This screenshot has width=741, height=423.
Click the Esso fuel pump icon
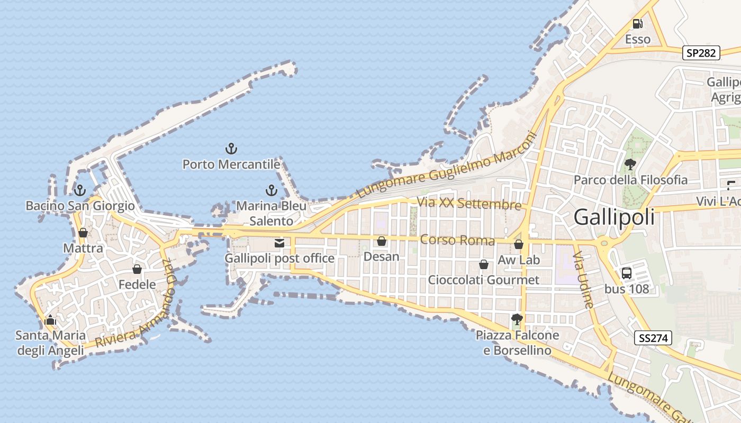coord(637,24)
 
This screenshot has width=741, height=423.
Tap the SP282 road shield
coord(701,53)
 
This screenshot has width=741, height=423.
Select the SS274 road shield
coord(653,338)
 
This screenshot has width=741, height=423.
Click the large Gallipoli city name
coord(614,217)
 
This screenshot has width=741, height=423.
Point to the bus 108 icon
coord(626,273)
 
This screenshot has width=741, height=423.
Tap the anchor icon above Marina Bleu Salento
coord(271,190)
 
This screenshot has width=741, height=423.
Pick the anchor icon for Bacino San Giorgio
coord(80,190)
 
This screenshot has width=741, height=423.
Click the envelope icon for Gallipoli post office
coord(279,243)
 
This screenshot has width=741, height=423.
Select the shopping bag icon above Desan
coord(381,242)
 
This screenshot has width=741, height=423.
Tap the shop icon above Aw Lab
coord(519,244)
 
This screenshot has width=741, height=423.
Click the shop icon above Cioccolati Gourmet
coord(483,264)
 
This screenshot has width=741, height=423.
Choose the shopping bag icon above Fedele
coord(137,269)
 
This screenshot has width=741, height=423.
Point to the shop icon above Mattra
coord(83,233)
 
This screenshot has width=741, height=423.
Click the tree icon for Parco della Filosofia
coord(630,164)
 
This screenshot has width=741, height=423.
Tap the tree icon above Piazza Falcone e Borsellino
coord(517,319)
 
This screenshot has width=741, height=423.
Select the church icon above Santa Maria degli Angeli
coord(50,320)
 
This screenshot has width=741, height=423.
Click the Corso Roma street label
coord(457,241)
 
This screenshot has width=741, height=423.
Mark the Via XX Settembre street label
coord(469,204)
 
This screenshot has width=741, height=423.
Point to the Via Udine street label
coord(585,280)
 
